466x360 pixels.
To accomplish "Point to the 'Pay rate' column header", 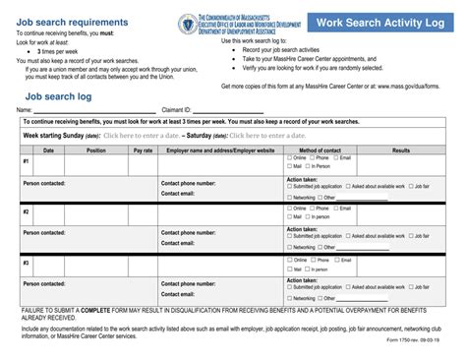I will (143, 150).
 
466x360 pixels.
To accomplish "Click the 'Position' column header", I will (95, 150).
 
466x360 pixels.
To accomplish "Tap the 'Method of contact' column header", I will (320, 150).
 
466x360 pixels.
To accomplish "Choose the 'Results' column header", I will (400, 150).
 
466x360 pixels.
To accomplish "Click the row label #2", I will (26, 211).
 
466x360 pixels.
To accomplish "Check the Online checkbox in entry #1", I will (290, 157).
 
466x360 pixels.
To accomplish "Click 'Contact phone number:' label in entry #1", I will (188, 182).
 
